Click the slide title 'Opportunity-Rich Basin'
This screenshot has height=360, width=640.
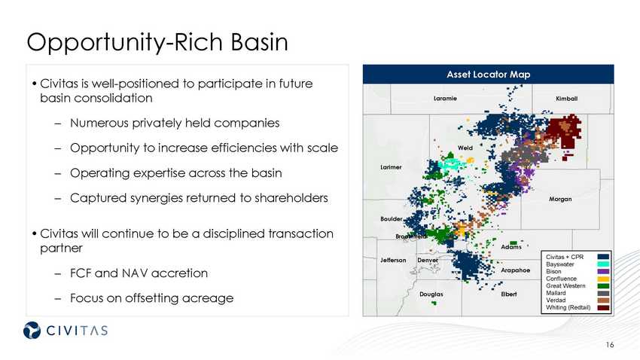coord(157,42)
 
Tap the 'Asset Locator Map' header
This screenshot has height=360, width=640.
coord(488,75)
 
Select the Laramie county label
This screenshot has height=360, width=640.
coord(445,99)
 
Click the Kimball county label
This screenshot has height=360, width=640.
coord(566,99)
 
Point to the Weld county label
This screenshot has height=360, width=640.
coord(465,148)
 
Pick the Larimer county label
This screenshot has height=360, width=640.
coord(391,167)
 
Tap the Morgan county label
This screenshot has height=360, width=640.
coord(560,199)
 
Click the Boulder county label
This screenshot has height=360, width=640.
coord(392,218)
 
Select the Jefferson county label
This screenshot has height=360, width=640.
coord(393,260)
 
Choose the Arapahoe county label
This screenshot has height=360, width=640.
coord(516,270)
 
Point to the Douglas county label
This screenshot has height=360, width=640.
coord(431,294)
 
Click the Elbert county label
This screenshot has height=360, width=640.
coord(508,294)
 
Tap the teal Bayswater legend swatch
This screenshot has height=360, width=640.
coord(603,264)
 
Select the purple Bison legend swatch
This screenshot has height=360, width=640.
coord(603,271)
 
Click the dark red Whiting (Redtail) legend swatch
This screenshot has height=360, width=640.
coord(603,308)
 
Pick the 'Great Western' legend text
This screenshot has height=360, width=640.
coord(565,285)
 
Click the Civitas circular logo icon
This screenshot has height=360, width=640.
coord(32,330)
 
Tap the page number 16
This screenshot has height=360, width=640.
coord(610,345)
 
